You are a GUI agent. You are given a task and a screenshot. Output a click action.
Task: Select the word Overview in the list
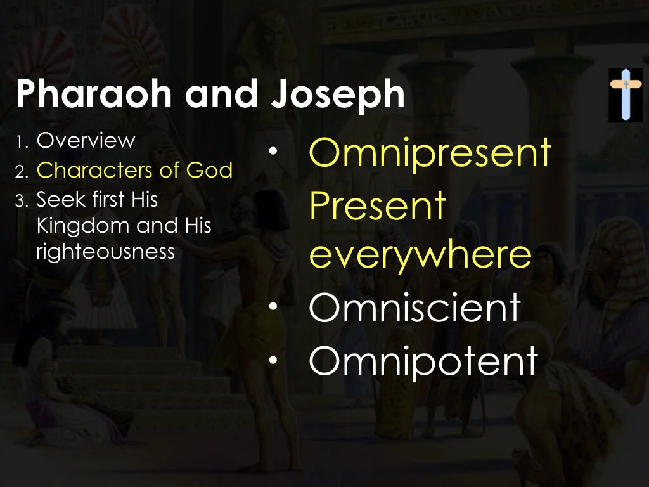click(x=86, y=140)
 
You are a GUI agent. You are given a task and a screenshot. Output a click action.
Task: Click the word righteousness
click(x=105, y=251)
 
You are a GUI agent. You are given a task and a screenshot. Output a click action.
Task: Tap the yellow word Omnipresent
click(x=430, y=153)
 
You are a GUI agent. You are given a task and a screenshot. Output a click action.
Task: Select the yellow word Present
click(x=378, y=205)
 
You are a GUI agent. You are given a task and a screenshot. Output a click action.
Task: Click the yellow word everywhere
click(x=420, y=255)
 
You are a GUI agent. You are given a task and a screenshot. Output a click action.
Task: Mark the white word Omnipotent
click(x=423, y=360)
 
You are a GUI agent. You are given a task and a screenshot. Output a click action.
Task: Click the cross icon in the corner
click(x=626, y=94)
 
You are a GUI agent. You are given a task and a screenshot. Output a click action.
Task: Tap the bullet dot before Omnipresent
click(x=273, y=152)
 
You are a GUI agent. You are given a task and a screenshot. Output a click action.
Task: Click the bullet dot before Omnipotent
click(x=273, y=360)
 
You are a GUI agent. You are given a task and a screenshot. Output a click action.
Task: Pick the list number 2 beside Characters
click(x=20, y=171)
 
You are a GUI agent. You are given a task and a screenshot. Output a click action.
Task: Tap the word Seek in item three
click(x=55, y=200)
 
